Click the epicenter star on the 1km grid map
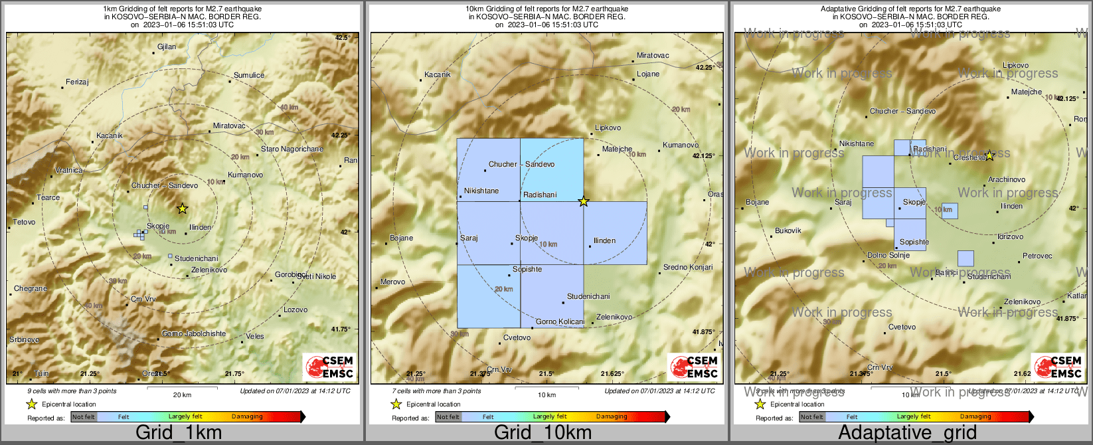pyautogui.click(x=183, y=209)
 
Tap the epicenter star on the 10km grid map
pyautogui.click(x=584, y=201)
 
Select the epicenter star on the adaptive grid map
pyautogui.click(x=989, y=155)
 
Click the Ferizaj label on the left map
pyautogui.click(x=77, y=82)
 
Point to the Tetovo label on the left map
pyautogui.click(x=25, y=222)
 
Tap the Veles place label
pyautogui.click(x=255, y=336)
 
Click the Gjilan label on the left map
pyautogui.click(x=167, y=46)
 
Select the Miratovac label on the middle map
pyautogui.click(x=653, y=55)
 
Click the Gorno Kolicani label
pyautogui.click(x=560, y=321)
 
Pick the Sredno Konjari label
pyautogui.click(x=688, y=267)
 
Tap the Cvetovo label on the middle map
pyautogui.click(x=517, y=337)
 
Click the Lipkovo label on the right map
pyautogui.click(x=1015, y=65)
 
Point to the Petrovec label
pyautogui.click(x=1037, y=256)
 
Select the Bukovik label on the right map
pyautogui.click(x=788, y=230)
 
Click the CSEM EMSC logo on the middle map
pyautogui.click(x=695, y=366)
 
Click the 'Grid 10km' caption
pyautogui.click(x=543, y=433)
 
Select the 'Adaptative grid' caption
pyautogui.click(x=907, y=433)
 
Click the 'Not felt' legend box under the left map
pyautogui.click(x=84, y=416)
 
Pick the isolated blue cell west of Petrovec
pyautogui.click(x=966, y=258)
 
